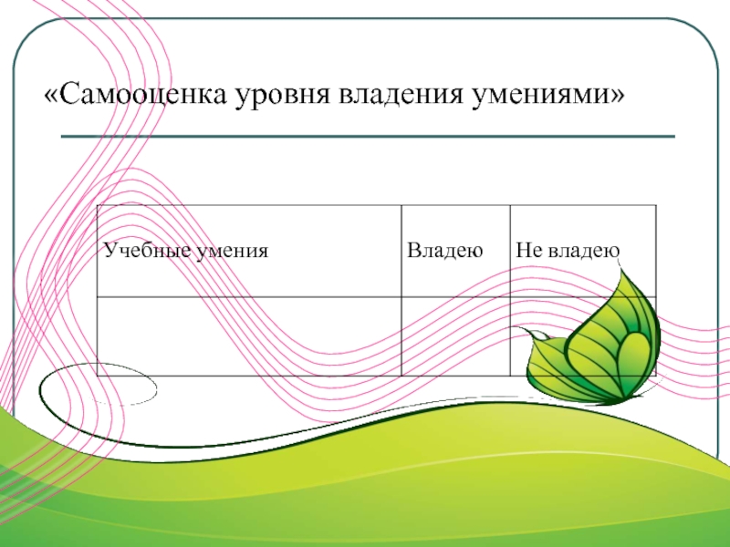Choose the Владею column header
tap(443, 250)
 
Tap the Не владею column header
tap(568, 250)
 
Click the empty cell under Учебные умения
tap(248, 335)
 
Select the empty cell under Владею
tap(454, 335)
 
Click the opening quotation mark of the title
tap(52, 95)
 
